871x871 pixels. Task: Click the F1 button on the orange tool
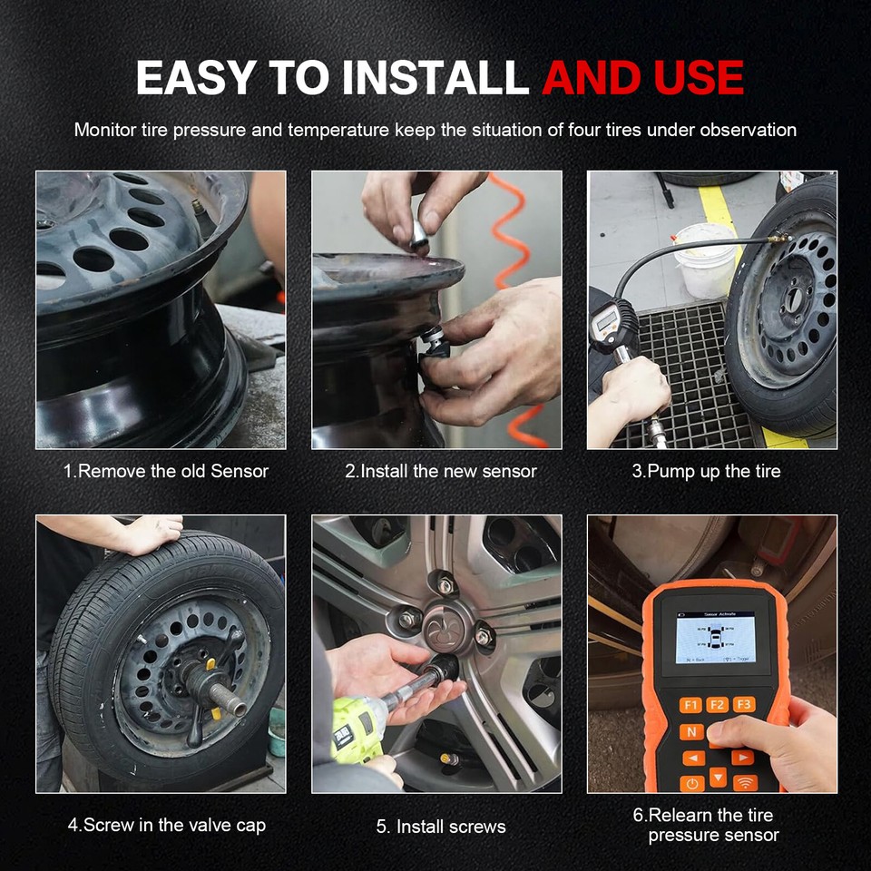tap(690, 704)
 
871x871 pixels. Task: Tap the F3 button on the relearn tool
tap(743, 704)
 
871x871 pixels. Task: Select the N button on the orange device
tap(691, 731)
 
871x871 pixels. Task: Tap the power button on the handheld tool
tap(692, 783)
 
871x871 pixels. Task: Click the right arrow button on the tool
tap(742, 757)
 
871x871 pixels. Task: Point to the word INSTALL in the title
tap(431, 78)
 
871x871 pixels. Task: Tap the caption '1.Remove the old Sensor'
tap(165, 471)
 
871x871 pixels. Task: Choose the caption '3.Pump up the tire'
tap(706, 471)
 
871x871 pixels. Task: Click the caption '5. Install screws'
tap(441, 827)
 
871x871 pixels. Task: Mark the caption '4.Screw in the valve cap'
tap(166, 826)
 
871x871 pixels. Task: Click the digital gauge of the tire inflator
tap(602, 319)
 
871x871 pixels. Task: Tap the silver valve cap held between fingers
tap(420, 235)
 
